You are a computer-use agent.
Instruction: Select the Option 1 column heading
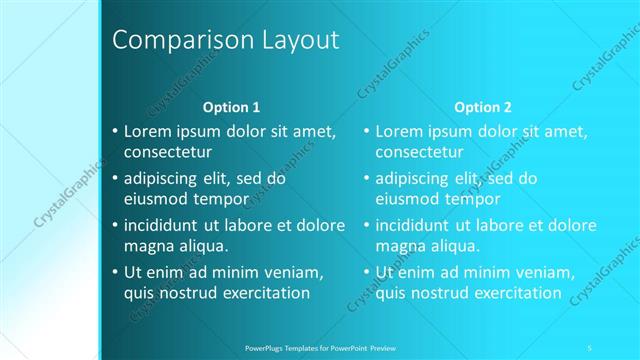(x=231, y=107)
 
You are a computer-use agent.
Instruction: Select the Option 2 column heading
(x=482, y=107)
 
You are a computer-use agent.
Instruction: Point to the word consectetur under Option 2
(x=419, y=153)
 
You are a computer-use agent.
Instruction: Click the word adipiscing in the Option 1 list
(x=164, y=180)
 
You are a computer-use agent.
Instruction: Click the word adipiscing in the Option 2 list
(x=416, y=180)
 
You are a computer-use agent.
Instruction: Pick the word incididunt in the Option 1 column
(x=166, y=226)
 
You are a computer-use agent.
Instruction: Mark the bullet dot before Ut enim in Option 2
(x=367, y=272)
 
